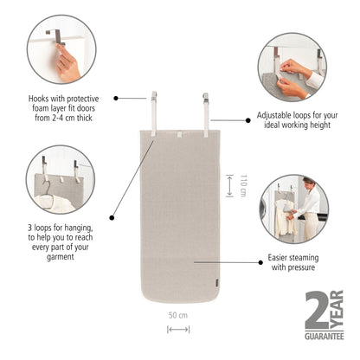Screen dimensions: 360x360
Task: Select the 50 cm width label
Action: pyautogui.click(x=179, y=315)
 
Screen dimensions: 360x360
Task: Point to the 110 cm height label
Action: pyautogui.click(x=243, y=184)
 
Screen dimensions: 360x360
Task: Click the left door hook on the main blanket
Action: pyautogui.click(x=152, y=106)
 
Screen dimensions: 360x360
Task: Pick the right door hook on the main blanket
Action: pyautogui.click(x=207, y=106)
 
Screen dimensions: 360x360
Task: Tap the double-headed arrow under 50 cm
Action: pyautogui.click(x=179, y=329)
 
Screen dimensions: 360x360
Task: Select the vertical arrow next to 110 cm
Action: pyautogui.click(x=228, y=184)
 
